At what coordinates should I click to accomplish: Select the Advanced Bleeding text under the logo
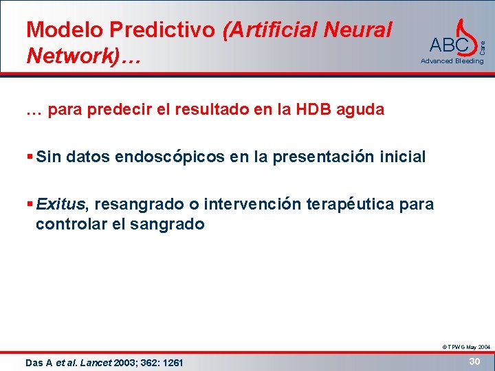tap(452, 61)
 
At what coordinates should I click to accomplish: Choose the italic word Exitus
tap(61, 204)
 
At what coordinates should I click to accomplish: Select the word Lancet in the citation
tap(95, 363)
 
